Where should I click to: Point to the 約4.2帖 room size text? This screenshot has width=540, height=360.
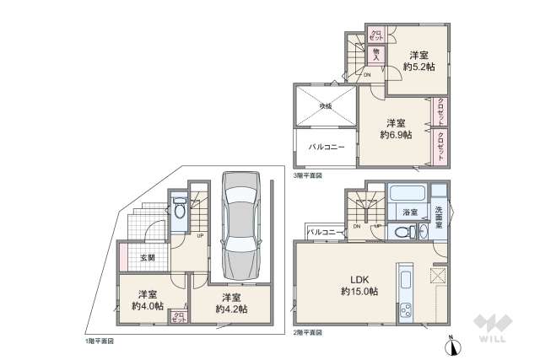click(231, 309)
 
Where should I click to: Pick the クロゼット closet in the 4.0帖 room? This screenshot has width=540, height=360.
click(178, 317)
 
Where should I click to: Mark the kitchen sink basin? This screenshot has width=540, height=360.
click(404, 280)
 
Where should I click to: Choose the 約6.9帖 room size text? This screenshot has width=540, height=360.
click(395, 134)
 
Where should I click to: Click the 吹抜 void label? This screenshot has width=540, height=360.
click(325, 105)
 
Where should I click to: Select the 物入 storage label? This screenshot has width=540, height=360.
click(375, 55)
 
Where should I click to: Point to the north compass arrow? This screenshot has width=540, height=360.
click(451, 344)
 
